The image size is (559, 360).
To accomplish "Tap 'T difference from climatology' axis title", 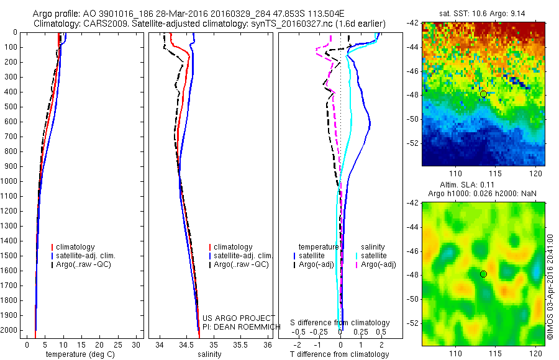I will click(x=339, y=354).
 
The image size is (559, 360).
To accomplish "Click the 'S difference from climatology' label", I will click(x=340, y=323).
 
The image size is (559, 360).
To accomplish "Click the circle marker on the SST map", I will click(x=483, y=94).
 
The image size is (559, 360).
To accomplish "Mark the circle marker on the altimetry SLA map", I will click(x=483, y=274).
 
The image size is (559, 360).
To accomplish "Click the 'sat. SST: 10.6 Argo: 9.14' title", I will click(x=483, y=13).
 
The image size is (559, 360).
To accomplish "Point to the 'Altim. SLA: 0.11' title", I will click(x=483, y=186).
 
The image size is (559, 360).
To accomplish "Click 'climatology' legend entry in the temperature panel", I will click(x=76, y=247).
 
